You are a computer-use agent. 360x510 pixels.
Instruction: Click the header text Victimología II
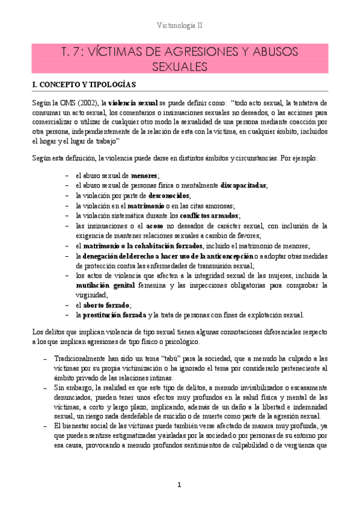pyautogui.click(x=180, y=26)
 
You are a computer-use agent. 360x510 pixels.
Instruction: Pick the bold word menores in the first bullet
pyautogui.click(x=144, y=175)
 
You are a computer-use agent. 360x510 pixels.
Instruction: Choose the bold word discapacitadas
pyautogui.click(x=243, y=185)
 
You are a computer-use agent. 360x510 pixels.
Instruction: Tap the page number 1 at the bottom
pyautogui.click(x=179, y=485)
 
